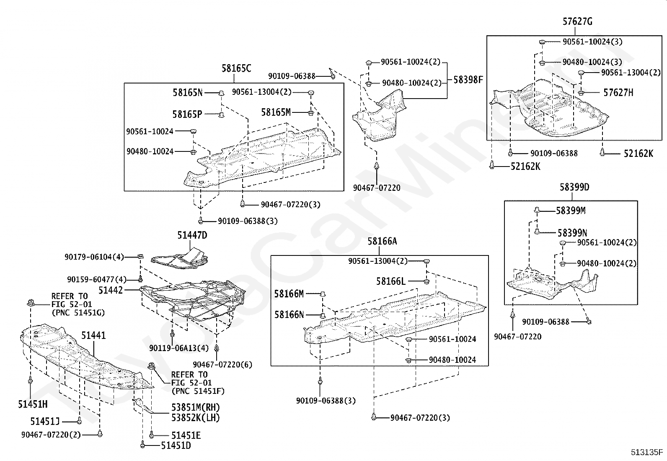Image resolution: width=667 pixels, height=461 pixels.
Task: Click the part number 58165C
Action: (x=236, y=68)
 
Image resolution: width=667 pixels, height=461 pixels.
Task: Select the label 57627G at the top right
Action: (x=577, y=22)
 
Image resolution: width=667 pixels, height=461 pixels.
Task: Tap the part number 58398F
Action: (x=468, y=80)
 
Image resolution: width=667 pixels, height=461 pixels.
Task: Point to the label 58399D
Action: (x=574, y=187)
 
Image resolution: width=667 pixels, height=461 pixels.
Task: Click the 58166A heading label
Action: (x=382, y=241)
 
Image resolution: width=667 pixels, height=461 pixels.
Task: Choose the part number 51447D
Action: (x=192, y=235)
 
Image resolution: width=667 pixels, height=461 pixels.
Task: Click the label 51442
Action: (x=111, y=290)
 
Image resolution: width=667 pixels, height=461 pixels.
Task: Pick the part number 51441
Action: (x=93, y=335)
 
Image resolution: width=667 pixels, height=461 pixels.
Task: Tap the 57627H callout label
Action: (x=618, y=93)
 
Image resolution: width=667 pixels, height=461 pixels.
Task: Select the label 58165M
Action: (x=276, y=112)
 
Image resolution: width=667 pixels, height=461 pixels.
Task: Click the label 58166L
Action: (x=390, y=281)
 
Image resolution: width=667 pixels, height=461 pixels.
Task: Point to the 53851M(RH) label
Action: (x=195, y=407)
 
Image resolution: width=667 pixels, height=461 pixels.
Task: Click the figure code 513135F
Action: (x=647, y=452)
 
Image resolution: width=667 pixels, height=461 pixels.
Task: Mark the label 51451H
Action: (x=33, y=404)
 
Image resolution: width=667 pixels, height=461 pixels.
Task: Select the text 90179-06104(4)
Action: (x=94, y=257)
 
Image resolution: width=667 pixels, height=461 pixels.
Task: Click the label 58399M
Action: (x=571, y=211)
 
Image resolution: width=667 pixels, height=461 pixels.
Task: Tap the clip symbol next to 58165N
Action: (x=221, y=93)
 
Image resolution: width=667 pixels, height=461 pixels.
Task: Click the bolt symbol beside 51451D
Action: (x=143, y=444)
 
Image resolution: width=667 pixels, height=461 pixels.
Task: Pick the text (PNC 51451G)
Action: (x=78, y=313)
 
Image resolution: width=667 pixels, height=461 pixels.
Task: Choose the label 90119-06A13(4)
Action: (x=178, y=348)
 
